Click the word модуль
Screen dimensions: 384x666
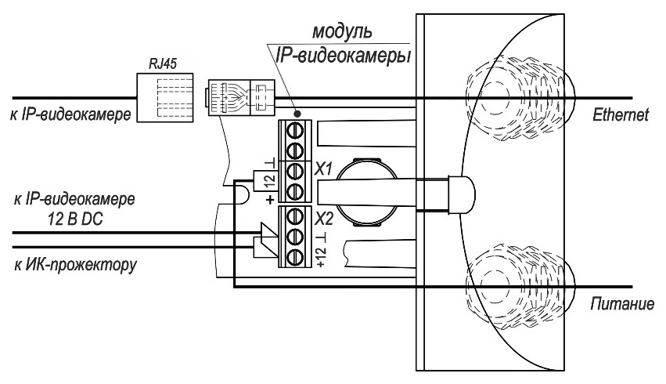click(x=343, y=33)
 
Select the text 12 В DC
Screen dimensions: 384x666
click(x=74, y=220)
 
